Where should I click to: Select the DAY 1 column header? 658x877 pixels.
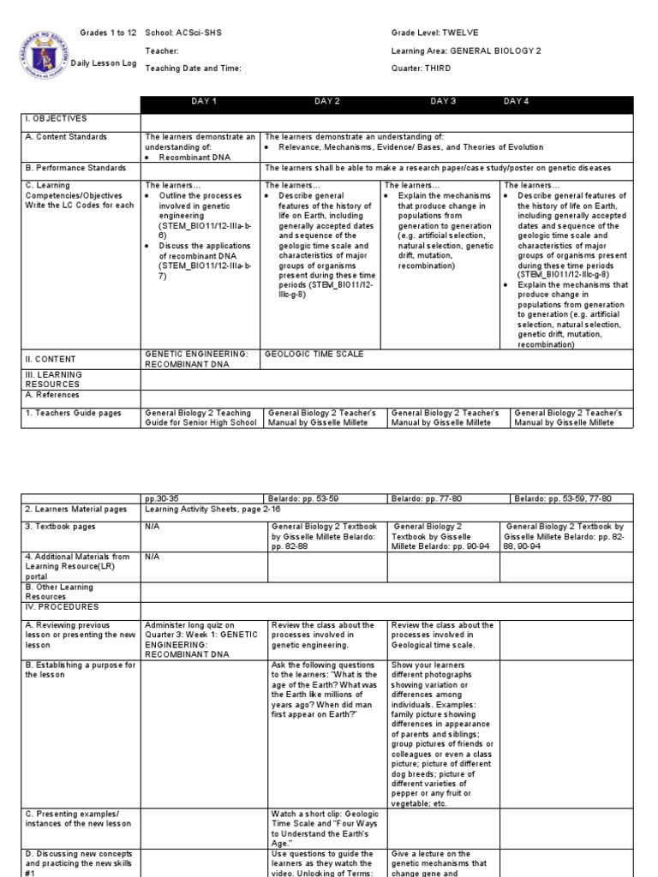point(205,102)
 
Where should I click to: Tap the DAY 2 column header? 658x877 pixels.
point(327,102)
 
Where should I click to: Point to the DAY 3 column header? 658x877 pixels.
point(443,102)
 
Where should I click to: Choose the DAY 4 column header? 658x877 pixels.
point(517,102)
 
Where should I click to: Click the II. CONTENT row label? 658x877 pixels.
point(51,359)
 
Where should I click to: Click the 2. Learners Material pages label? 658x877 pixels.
point(75,509)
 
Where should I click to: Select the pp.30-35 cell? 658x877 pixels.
point(161,498)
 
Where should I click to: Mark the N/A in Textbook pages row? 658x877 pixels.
point(153,526)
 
